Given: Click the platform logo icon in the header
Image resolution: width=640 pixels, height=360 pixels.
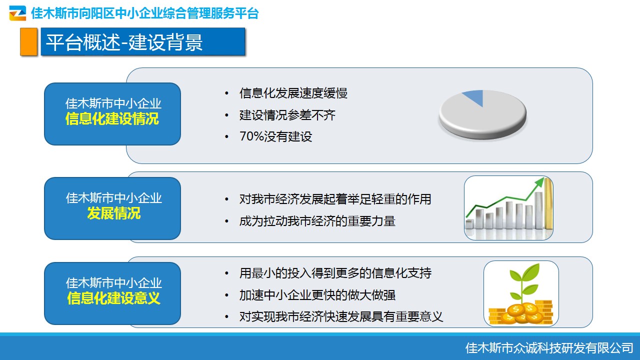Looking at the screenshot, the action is (x=17, y=13).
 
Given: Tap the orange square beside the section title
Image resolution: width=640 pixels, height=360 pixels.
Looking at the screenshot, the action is (x=28, y=41).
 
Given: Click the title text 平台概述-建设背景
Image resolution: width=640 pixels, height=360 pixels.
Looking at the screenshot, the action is (x=124, y=42).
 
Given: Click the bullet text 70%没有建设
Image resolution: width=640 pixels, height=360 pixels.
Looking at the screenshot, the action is (x=275, y=136).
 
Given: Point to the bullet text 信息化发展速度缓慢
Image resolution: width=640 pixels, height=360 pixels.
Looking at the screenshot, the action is (x=293, y=93).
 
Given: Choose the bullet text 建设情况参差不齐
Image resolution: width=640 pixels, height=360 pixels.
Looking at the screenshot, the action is (x=287, y=115).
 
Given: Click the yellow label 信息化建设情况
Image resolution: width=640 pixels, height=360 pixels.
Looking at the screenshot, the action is (x=112, y=119).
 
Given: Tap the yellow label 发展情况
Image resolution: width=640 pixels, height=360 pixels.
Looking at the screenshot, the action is (x=113, y=213).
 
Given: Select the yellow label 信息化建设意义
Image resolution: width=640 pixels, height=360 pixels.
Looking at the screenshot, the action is (x=113, y=298).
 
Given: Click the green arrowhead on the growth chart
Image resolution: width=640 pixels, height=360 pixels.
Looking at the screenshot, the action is (x=539, y=181).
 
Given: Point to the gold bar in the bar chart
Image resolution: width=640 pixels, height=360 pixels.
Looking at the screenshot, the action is (x=548, y=203).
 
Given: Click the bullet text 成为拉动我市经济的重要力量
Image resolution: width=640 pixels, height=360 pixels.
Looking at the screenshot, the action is (x=317, y=221).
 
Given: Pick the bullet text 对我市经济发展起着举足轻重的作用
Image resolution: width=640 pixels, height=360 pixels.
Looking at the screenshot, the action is (x=335, y=199).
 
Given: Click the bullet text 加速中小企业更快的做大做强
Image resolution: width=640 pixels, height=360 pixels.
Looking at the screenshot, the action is (x=317, y=295).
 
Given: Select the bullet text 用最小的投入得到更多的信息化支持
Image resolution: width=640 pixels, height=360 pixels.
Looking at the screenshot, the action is (x=335, y=273).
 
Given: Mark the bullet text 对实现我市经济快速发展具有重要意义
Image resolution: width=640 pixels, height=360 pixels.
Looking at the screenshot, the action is (x=341, y=316).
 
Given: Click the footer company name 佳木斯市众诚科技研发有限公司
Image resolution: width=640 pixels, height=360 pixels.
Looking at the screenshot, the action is (x=549, y=347).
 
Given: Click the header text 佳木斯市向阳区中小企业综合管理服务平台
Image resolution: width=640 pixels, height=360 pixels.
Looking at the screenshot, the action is (x=145, y=13).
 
